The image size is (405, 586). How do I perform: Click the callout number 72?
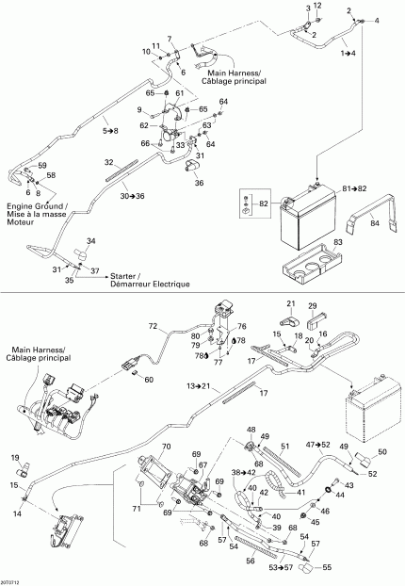coord(153,325)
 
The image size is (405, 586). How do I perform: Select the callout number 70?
coord(167,446)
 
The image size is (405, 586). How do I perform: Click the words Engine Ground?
coord(35,206)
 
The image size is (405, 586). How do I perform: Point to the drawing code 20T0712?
coord(13,580)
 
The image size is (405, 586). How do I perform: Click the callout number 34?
coord(91,242)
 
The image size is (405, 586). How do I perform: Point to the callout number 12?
coord(317,6)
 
